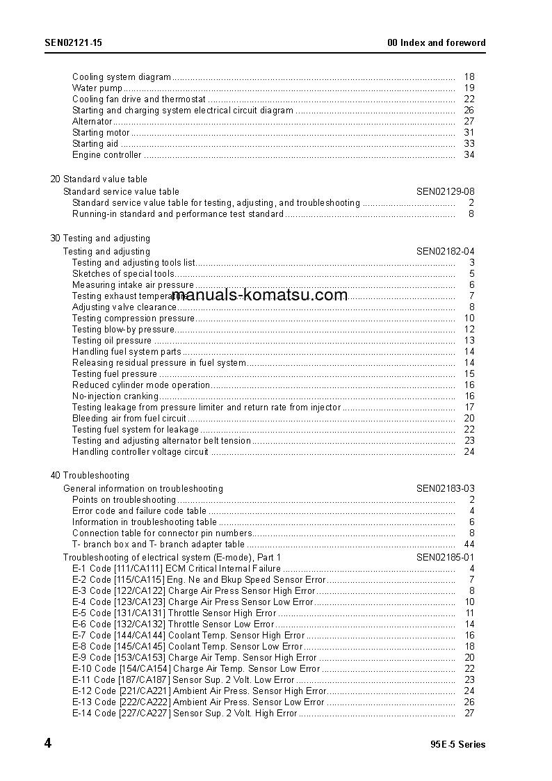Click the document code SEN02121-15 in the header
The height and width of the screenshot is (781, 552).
pos(74,42)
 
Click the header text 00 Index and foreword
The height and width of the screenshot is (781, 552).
pos(436,42)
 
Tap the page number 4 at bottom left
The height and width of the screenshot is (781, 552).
pos(48,743)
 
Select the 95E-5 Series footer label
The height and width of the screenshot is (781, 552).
pos(458,744)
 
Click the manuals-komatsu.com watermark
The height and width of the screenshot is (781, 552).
pos(259,295)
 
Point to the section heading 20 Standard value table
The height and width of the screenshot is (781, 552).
pos(99,179)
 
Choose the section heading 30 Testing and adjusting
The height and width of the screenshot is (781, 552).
pos(100,238)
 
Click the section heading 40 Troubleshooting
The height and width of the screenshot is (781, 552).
pos(90,475)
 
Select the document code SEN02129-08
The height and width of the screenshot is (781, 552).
pos(446,191)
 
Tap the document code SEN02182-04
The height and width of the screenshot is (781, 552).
pos(446,251)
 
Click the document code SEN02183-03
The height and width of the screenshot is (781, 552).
pos(446,488)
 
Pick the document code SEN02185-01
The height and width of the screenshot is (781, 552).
pos(446,557)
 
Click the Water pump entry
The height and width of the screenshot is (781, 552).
pos(97,88)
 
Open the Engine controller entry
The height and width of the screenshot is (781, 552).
pos(106,154)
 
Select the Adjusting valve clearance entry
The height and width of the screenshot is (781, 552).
pos(124,307)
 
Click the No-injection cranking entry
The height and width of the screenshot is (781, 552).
pos(115,396)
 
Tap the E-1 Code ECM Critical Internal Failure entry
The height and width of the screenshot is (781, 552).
pos(177,568)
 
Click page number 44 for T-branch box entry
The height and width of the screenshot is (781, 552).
pos(469,544)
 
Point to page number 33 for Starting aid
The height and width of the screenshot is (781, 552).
pos(469,143)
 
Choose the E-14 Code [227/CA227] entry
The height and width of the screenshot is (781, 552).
pos(184,713)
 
